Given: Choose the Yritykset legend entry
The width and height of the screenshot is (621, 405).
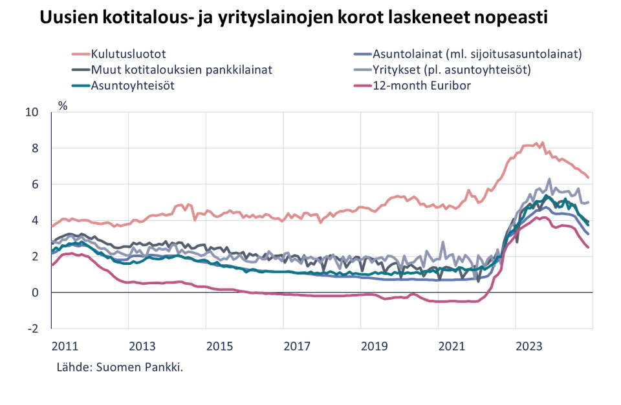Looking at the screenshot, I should pos(452,69).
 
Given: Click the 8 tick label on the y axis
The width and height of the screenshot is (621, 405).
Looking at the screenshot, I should pos(36,149).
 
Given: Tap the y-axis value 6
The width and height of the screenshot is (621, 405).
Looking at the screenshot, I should pos(36,185).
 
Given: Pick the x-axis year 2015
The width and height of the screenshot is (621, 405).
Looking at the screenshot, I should pos(219,346).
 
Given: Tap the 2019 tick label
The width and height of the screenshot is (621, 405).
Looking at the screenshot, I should pos(374,346).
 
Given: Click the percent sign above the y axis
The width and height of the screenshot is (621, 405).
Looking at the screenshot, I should pos(62,106).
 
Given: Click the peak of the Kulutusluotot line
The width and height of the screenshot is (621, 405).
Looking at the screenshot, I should pos(542,142).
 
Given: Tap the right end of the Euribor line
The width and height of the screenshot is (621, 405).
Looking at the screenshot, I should pos(588,247).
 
